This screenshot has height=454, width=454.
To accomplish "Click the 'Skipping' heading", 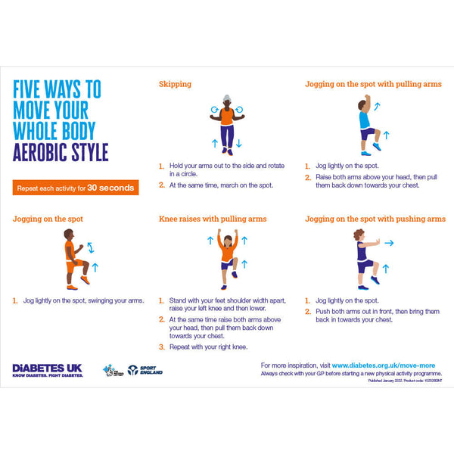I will tap(175, 84).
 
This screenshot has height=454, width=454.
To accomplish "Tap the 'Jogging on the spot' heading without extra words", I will tap(48, 219).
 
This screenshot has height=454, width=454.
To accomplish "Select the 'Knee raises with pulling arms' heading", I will tap(213, 219).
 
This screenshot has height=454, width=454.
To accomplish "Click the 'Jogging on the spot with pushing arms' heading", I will tap(375, 219).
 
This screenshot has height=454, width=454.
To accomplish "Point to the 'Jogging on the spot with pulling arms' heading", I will tap(373, 84).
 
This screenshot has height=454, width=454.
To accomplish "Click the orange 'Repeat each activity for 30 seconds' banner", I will tap(76, 188).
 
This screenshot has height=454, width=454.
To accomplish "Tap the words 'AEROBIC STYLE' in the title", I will tap(61, 151).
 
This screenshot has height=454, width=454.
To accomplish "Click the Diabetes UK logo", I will tap(48, 370).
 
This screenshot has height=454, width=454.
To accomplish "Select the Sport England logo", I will tap(145, 370).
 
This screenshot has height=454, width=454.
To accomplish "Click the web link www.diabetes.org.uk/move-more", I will tap(386, 365).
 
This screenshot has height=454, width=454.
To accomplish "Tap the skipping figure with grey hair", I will tap(228, 124).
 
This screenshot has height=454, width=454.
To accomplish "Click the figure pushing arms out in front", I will tap(366, 257).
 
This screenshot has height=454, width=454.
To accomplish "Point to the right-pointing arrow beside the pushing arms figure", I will tap(389, 244).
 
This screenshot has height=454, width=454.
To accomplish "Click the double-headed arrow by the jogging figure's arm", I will tap(91, 247).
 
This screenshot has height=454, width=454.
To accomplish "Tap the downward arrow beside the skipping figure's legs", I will tap(239, 142).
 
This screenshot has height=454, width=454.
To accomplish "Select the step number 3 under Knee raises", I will tap(161, 347).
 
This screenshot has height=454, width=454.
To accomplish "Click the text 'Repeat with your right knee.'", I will tap(209, 347).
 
